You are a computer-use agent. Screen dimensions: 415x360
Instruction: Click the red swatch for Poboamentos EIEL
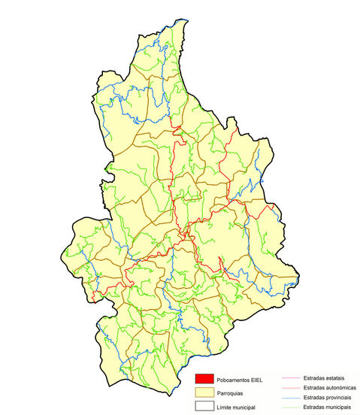coord(204,378)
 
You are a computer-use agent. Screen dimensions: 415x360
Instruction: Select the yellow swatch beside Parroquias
coord(204,392)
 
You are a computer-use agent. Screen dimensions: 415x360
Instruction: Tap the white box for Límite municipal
coord(204,407)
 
